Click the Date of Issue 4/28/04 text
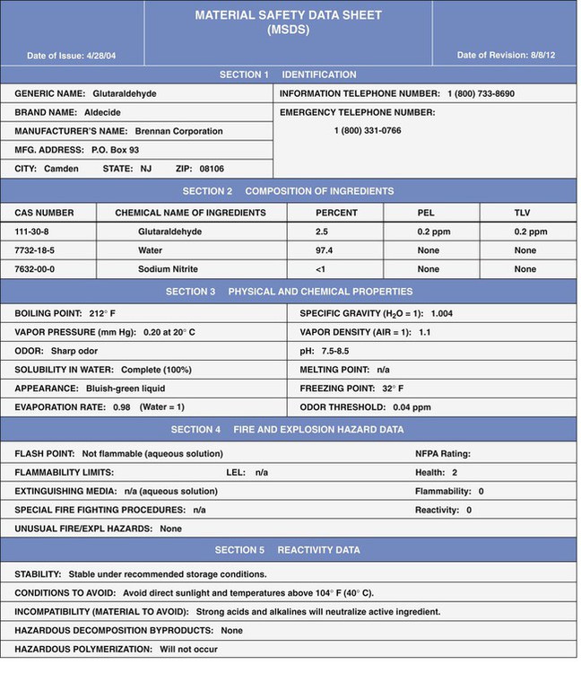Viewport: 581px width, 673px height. click(x=72, y=56)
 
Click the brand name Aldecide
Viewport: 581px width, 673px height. click(x=101, y=112)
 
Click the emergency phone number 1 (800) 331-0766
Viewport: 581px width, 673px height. click(x=368, y=131)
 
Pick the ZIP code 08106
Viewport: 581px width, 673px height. click(x=212, y=169)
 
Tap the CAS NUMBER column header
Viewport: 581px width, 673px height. click(x=44, y=213)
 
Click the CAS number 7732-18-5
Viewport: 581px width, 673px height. click(x=35, y=250)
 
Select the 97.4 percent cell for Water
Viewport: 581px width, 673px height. click(x=324, y=250)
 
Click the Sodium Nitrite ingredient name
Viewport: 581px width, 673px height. click(x=168, y=269)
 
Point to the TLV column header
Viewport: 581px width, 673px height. click(x=524, y=213)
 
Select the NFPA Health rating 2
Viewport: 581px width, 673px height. click(x=455, y=472)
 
